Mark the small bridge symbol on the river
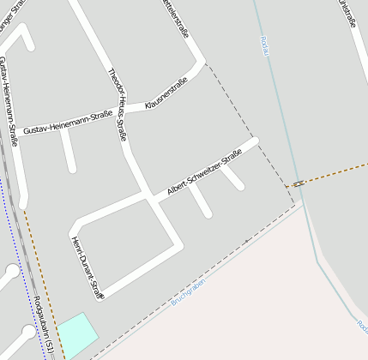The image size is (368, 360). pos(298,183)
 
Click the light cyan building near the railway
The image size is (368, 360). pos(78,333)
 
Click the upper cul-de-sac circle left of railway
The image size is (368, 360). pos(12,272)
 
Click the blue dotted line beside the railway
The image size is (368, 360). pos(30,283)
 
